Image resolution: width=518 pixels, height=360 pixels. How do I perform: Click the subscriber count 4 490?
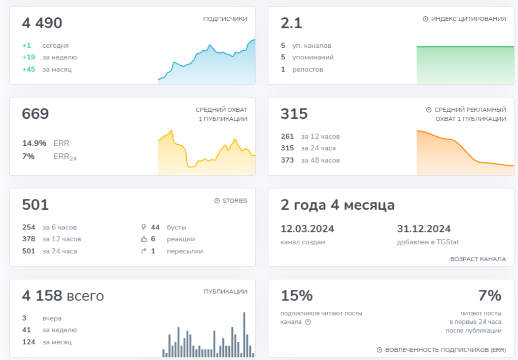tap(42, 23)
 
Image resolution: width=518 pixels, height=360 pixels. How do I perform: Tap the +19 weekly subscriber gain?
tap(29, 57)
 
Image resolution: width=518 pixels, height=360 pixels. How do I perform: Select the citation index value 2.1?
tap(291, 23)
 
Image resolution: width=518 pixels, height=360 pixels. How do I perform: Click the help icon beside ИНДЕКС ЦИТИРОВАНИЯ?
tap(426, 19)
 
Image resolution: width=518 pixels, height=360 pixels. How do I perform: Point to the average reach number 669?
tap(36, 114)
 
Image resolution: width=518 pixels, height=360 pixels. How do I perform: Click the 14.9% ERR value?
tap(34, 143)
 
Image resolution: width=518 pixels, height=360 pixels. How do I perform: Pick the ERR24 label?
tap(65, 157)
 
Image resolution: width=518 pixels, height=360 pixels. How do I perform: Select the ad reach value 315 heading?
tap(294, 114)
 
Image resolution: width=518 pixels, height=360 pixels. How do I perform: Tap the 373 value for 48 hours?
tap(287, 160)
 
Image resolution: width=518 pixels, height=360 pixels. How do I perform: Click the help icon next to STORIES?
tap(217, 201)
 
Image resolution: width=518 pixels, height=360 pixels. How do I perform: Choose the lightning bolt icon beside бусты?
tap(144, 227)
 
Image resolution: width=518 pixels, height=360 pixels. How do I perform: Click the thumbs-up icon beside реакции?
tap(144, 239)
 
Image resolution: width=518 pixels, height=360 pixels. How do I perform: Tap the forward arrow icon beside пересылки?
tap(144, 251)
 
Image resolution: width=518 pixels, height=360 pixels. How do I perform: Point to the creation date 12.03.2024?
tap(307, 229)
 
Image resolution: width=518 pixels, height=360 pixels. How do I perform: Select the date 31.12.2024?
tap(424, 229)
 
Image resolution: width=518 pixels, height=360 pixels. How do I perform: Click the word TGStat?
tap(447, 242)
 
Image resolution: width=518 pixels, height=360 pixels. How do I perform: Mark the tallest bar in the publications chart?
tap(244, 334)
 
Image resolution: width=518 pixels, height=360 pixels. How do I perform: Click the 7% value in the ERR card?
tap(490, 296)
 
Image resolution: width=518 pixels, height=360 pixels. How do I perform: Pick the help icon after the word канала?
tap(308, 322)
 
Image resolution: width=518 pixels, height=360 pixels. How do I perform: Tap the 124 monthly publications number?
tap(29, 342)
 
